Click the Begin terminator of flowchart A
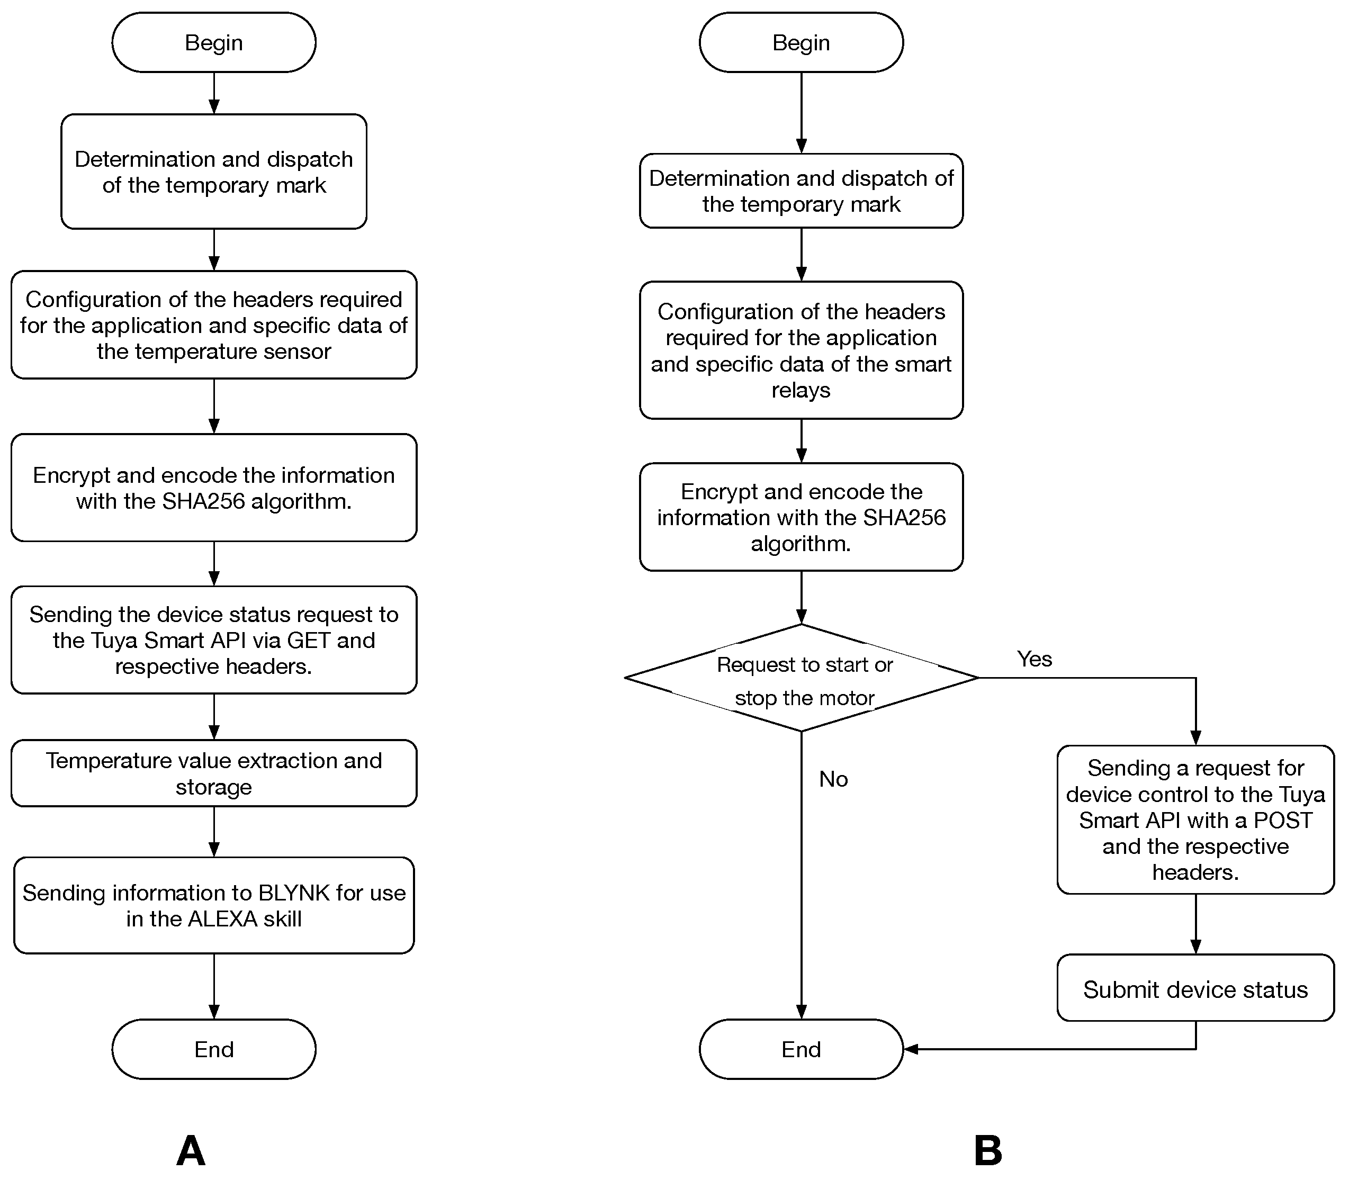click(x=213, y=42)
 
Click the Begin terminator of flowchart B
click(x=801, y=42)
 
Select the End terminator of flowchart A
click(x=213, y=1049)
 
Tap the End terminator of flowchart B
click(x=801, y=1049)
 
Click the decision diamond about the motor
click(x=801, y=678)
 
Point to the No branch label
click(x=833, y=779)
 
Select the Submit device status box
click(x=1195, y=989)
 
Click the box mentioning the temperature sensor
click(x=213, y=325)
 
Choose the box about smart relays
click(x=801, y=350)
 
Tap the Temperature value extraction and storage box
click(x=213, y=773)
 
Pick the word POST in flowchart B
click(x=1282, y=821)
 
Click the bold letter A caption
click(x=191, y=1150)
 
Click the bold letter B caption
click(x=987, y=1150)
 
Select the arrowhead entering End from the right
click(x=911, y=1049)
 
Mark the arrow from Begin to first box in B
click(x=801, y=112)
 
